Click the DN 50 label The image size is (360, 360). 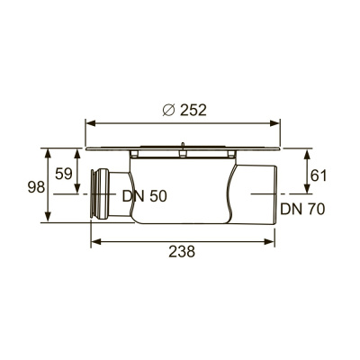pyautogui.click(x=144, y=195)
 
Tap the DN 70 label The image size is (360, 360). pyautogui.click(x=301, y=209)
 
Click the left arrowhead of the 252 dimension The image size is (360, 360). pyautogui.click(x=89, y=121)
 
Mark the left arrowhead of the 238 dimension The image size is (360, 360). pyautogui.click(x=94, y=240)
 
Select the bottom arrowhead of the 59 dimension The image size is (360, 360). pyautogui.click(x=78, y=190)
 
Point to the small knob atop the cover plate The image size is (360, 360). pyautogui.click(x=182, y=143)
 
